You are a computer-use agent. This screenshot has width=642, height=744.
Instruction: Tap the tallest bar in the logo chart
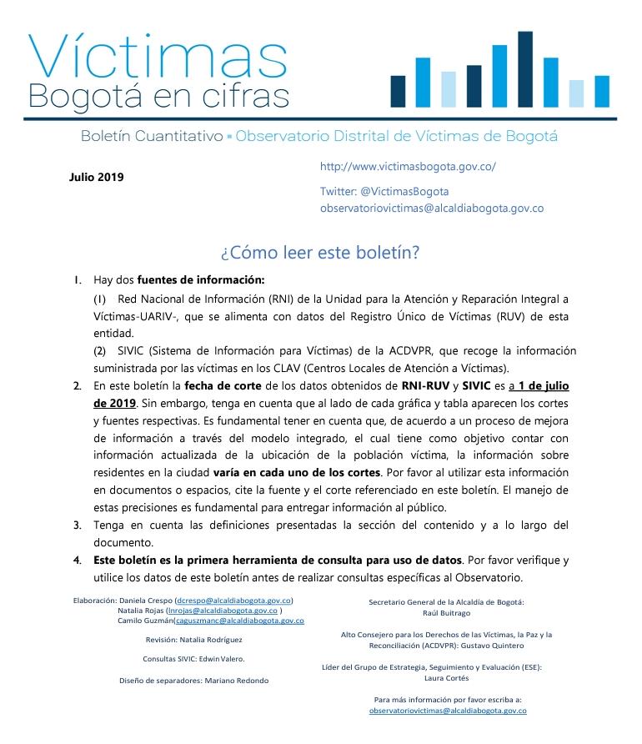pyautogui.click(x=524, y=69)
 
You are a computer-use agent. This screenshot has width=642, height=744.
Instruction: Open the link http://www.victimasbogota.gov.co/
pyautogui.click(x=408, y=166)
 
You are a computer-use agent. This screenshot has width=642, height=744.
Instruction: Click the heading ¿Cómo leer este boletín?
pyautogui.click(x=320, y=252)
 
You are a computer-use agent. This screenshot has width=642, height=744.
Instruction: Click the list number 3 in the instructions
pyautogui.click(x=77, y=525)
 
